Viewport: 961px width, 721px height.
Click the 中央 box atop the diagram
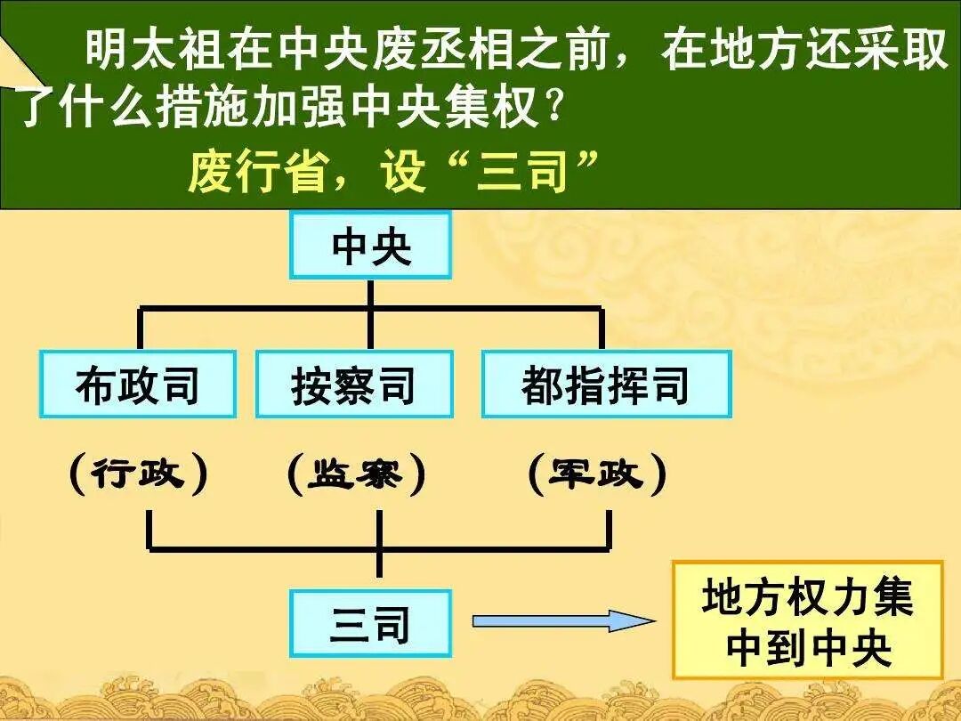370,246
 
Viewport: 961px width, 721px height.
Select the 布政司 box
138,385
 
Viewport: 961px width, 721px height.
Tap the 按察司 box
354,385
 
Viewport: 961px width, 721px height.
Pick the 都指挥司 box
606,385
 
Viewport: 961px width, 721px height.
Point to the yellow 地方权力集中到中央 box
807,620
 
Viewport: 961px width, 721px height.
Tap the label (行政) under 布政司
138,474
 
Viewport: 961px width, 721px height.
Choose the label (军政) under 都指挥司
596,474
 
